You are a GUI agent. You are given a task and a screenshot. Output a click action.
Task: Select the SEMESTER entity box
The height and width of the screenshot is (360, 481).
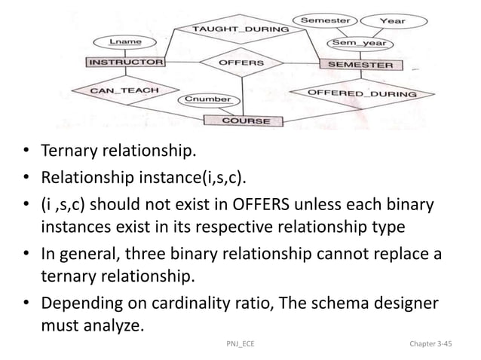(x=360, y=65)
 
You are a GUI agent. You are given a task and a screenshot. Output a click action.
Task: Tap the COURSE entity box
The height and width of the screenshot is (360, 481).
(x=245, y=121)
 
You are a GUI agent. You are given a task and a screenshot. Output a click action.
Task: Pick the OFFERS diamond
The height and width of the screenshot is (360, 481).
(x=240, y=63)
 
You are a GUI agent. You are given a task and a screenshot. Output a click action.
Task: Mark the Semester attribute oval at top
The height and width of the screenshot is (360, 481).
(x=326, y=17)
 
